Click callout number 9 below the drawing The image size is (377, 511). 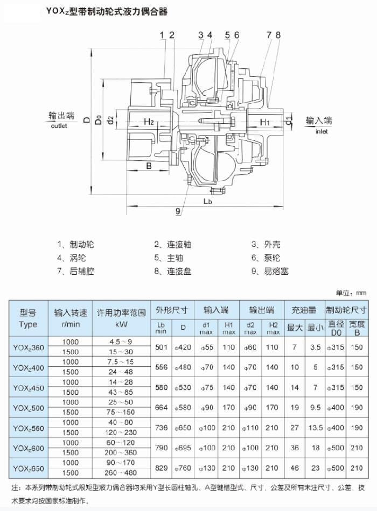pyautogui.click(x=178, y=211)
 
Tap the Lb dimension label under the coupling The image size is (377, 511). pyautogui.click(x=207, y=201)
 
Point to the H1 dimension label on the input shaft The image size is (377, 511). pyautogui.click(x=265, y=122)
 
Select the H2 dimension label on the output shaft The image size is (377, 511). pyautogui.click(x=149, y=122)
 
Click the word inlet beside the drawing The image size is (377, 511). pyautogui.click(x=322, y=132)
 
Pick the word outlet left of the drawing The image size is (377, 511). pyautogui.click(x=59, y=126)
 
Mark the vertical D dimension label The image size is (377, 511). pyautogui.click(x=87, y=120)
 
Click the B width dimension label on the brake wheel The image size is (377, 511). pyautogui.click(x=149, y=166)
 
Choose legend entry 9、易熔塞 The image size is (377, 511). pyautogui.click(x=270, y=271)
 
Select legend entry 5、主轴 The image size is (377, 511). pyautogui.click(x=169, y=258)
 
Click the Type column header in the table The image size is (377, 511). pyautogui.click(x=28, y=324)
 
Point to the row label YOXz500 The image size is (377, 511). pyautogui.click(x=29, y=408)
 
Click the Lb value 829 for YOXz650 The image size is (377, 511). pyautogui.click(x=161, y=468)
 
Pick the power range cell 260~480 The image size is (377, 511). pyautogui.click(x=121, y=473)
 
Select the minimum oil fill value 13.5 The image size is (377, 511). pyautogui.click(x=315, y=428)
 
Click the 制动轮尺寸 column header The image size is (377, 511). pyautogui.click(x=346, y=310)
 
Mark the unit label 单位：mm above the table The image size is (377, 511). pyautogui.click(x=351, y=293)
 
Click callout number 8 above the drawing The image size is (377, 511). pyautogui.click(x=278, y=35)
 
